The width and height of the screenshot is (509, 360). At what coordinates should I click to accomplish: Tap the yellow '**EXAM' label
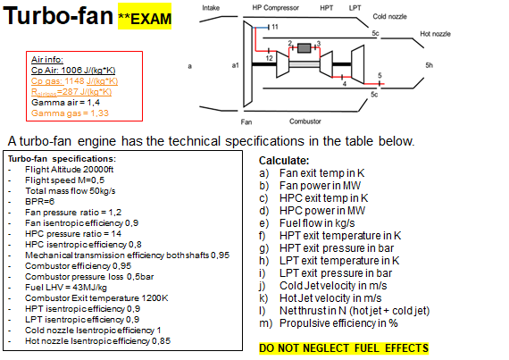[x=146, y=19]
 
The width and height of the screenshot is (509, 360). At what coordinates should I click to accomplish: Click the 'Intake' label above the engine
[x=211, y=7]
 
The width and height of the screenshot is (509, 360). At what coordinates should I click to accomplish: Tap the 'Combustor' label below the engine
[x=305, y=121]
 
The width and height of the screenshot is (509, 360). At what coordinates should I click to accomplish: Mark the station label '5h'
[x=429, y=65]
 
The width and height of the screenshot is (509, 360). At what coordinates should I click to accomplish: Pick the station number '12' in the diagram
[x=268, y=58]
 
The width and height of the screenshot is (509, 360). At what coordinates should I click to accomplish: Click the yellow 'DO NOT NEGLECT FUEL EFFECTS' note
[x=343, y=347]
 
